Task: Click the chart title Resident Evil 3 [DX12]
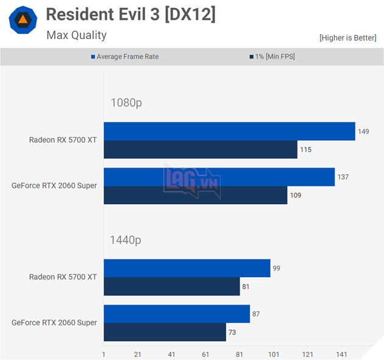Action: click(130, 15)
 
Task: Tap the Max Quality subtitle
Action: click(76, 35)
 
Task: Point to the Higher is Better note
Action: click(347, 38)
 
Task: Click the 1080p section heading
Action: click(126, 103)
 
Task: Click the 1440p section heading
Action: click(126, 240)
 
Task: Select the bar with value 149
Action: click(229, 132)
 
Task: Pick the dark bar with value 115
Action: click(201, 150)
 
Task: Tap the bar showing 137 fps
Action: click(219, 177)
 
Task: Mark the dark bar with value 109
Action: click(195, 196)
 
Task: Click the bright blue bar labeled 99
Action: click(187, 269)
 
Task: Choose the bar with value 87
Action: click(177, 314)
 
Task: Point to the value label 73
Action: click(232, 333)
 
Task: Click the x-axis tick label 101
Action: click(273, 354)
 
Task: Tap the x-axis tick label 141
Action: click(341, 354)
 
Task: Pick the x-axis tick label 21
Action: click(137, 354)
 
